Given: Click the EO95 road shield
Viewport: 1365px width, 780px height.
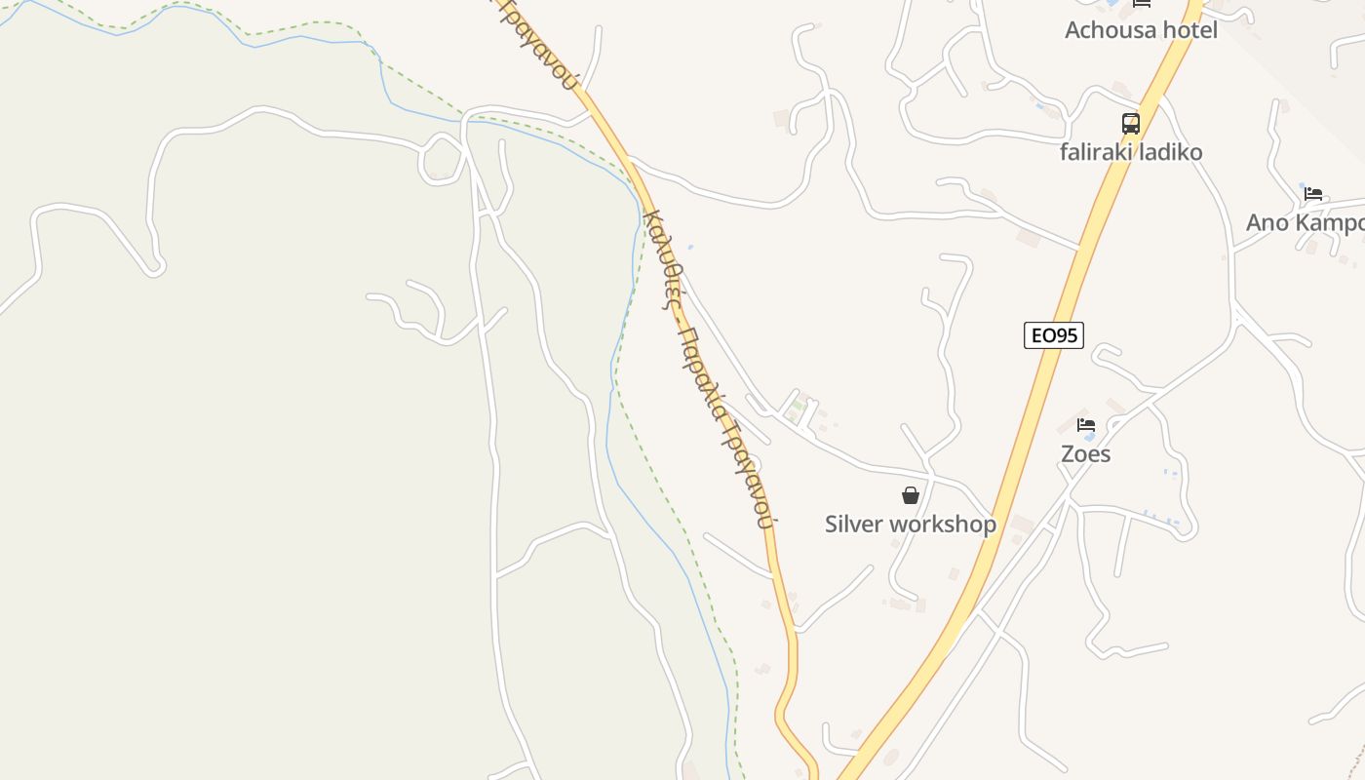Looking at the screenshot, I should (x=1054, y=335).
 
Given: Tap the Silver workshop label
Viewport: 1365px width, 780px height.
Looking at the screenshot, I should (x=910, y=524).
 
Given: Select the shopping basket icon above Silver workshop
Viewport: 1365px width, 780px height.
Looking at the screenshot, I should (x=911, y=495).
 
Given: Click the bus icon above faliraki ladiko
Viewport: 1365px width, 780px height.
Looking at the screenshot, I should (x=1131, y=124).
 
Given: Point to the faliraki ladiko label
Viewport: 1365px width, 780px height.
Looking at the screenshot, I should (x=1131, y=152).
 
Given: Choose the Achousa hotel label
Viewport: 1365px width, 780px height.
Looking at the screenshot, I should (x=1141, y=30).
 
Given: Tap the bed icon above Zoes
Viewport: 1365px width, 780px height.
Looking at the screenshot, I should (x=1086, y=425).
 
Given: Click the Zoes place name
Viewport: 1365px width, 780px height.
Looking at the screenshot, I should (x=1085, y=454).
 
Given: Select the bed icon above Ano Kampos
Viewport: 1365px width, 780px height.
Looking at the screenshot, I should (x=1313, y=194).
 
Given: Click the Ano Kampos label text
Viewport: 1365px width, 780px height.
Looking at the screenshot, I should (x=1305, y=223).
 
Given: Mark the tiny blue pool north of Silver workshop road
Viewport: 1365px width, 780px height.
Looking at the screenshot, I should (x=690, y=247).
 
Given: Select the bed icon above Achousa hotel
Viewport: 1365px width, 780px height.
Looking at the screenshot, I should (x=1142, y=4).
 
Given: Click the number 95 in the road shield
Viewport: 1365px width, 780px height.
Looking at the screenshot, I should (x=1066, y=335).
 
